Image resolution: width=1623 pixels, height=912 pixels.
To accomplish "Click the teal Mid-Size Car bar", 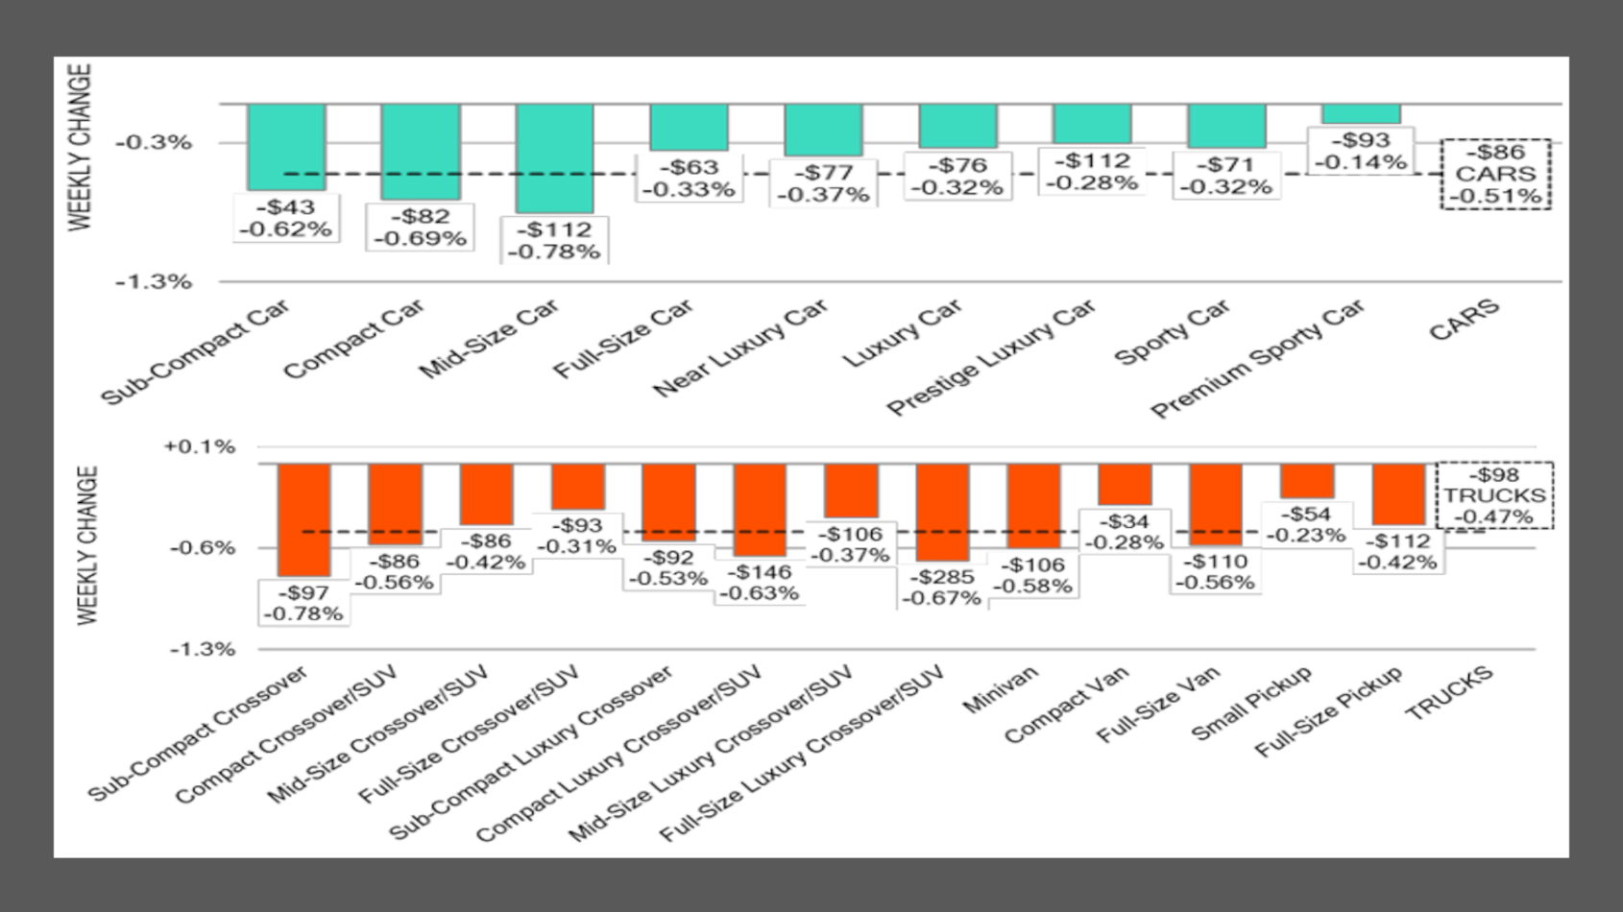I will pyautogui.click(x=554, y=157).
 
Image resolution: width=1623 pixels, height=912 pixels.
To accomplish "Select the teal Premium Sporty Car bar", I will pyautogui.click(x=1361, y=114).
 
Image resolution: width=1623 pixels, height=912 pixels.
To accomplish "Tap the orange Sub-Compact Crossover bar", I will pyautogui.click(x=303, y=519).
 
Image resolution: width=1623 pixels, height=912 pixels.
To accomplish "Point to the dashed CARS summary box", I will pyautogui.click(x=1495, y=174).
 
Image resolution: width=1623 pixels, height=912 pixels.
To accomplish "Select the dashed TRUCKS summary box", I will pyautogui.click(x=1494, y=495).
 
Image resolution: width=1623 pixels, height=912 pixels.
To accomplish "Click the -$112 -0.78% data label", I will pyautogui.click(x=555, y=241).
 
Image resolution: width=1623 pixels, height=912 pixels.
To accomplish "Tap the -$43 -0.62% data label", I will pyautogui.click(x=286, y=219).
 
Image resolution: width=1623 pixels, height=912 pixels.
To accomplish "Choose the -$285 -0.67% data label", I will pyautogui.click(x=943, y=588).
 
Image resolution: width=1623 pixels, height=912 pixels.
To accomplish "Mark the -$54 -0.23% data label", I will pyautogui.click(x=1307, y=525).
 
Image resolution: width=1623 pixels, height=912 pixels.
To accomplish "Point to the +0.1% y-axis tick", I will pyautogui.click(x=200, y=447).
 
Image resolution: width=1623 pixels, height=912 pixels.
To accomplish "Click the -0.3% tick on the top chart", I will pyautogui.click(x=154, y=143).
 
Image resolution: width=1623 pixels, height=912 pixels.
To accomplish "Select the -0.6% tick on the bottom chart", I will pyautogui.click(x=202, y=548).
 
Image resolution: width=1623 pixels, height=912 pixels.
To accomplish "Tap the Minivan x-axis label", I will pyautogui.click(x=1000, y=690).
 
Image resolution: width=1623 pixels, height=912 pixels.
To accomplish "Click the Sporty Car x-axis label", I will pyautogui.click(x=1171, y=332).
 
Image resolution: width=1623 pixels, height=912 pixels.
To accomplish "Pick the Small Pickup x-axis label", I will pyautogui.click(x=1251, y=703).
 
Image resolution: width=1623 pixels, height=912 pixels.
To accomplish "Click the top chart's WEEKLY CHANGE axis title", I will pyautogui.click(x=81, y=147).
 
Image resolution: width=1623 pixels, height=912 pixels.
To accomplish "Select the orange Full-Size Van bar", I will pyautogui.click(x=1215, y=505).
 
